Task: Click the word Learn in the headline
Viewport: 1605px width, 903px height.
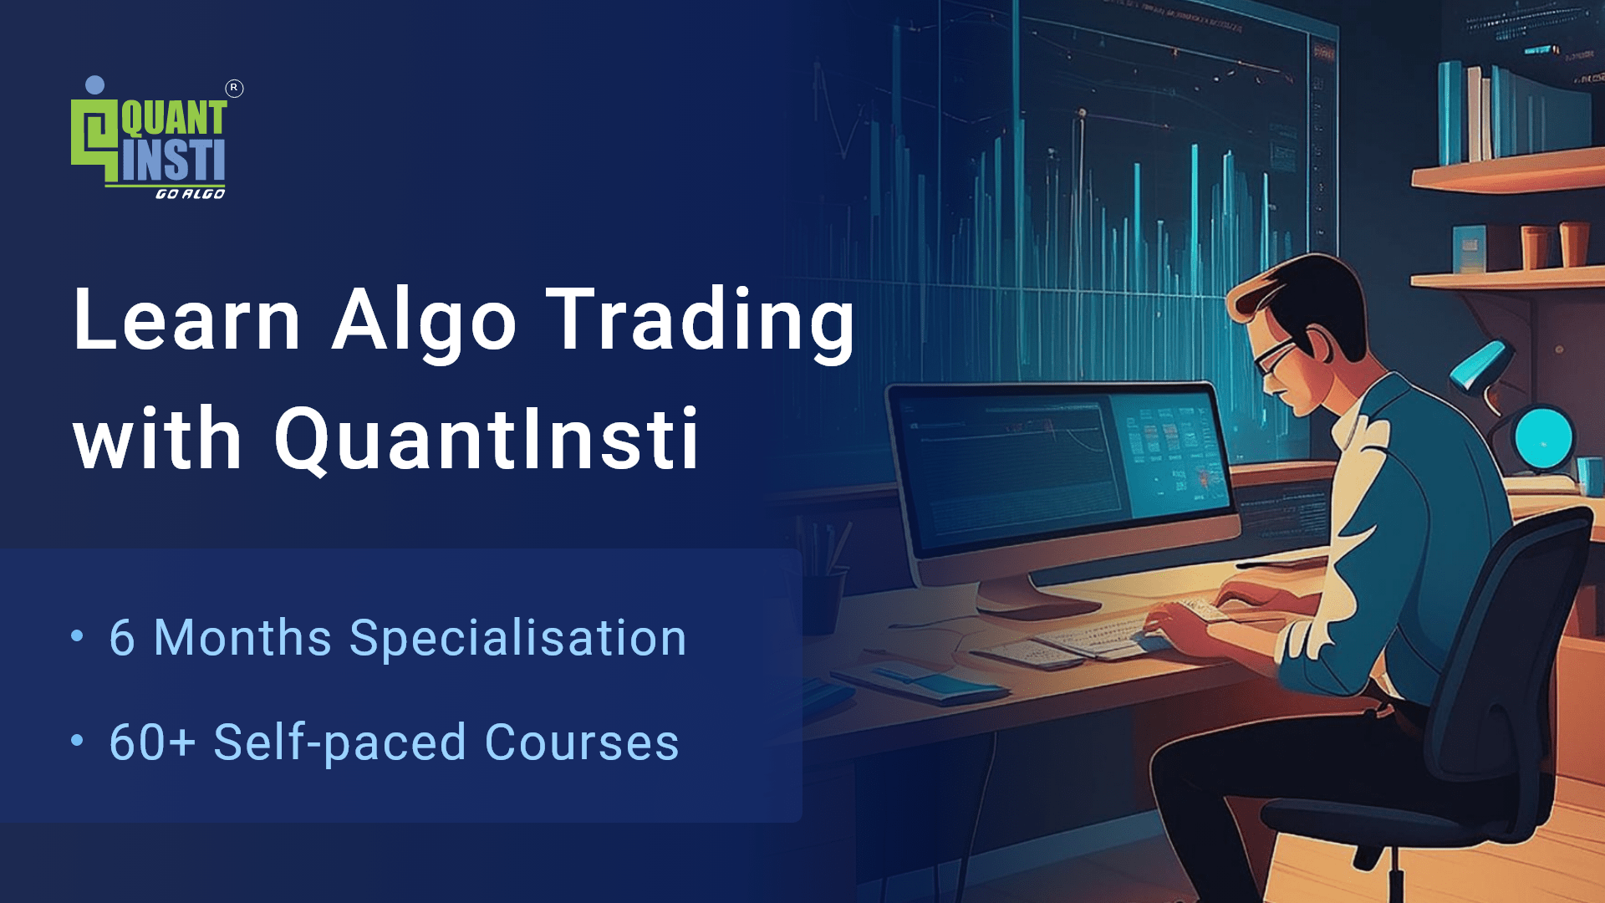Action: click(186, 319)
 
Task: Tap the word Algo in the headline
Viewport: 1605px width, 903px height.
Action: click(424, 321)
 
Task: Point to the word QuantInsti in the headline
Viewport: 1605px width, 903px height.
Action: click(487, 439)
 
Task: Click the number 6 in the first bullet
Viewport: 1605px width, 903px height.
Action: click(122, 638)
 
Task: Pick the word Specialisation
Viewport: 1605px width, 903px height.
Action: click(518, 638)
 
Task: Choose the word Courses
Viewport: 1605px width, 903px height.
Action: click(582, 742)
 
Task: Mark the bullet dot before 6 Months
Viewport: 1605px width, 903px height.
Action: click(78, 636)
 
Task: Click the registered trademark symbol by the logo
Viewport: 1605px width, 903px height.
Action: click(234, 88)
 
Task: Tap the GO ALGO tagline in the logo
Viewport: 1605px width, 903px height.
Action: click(190, 194)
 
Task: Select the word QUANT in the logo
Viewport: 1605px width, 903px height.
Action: click(174, 119)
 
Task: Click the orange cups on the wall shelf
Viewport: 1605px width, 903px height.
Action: click(1555, 244)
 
